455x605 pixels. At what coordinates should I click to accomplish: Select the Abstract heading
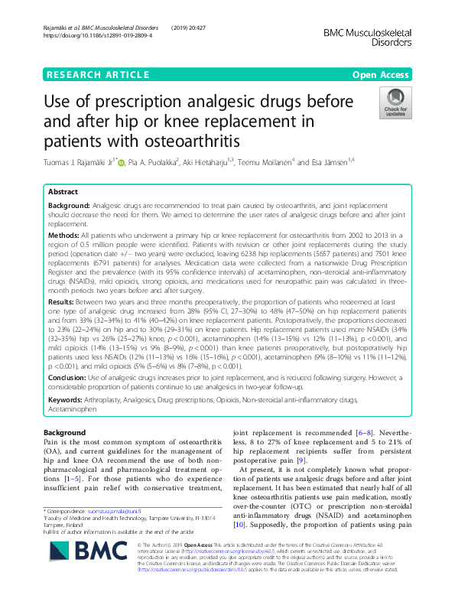click(63, 193)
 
